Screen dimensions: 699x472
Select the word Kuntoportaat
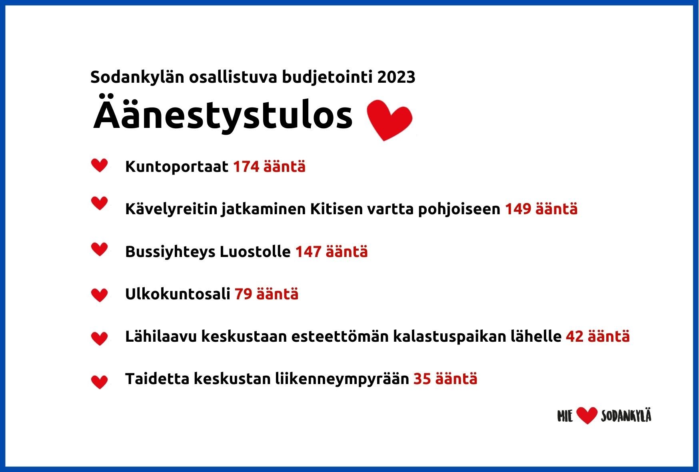(x=177, y=167)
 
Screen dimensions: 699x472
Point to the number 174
(x=246, y=167)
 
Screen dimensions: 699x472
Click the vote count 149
(x=518, y=209)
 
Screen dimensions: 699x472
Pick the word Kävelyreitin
(x=172, y=209)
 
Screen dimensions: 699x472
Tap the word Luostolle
(x=255, y=251)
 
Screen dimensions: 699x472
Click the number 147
(x=308, y=251)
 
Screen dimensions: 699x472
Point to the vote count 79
(x=243, y=294)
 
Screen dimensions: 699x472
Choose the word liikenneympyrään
(x=342, y=379)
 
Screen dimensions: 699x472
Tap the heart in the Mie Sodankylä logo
(x=587, y=416)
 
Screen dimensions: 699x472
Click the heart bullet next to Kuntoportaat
(x=100, y=165)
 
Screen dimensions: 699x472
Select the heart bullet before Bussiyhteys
(x=100, y=249)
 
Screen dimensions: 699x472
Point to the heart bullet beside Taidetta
(x=100, y=382)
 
